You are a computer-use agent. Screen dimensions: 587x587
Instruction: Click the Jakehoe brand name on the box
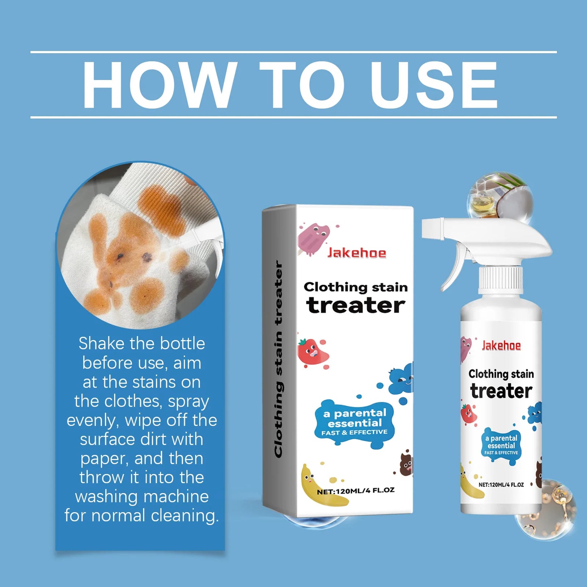(357, 253)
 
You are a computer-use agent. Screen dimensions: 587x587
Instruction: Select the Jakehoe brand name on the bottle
(501, 346)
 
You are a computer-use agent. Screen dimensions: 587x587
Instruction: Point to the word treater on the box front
(356, 305)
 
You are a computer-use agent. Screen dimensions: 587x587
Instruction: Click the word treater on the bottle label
(501, 391)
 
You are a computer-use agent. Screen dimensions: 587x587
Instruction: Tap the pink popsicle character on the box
(312, 239)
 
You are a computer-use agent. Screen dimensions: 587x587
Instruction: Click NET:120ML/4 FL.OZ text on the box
(356, 491)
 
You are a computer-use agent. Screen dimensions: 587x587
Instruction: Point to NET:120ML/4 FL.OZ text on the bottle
(501, 485)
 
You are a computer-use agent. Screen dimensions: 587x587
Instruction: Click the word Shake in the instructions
(102, 344)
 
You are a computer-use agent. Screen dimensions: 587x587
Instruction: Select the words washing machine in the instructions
(142, 496)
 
